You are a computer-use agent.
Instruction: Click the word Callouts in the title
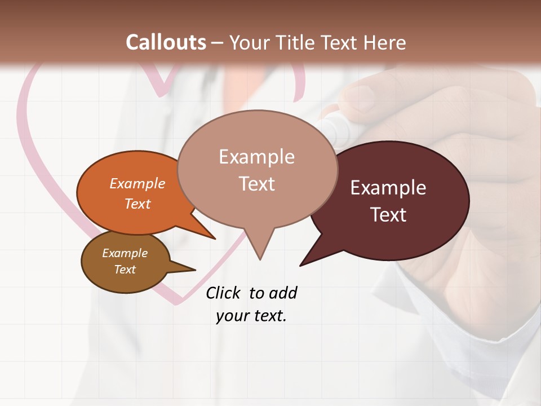166,42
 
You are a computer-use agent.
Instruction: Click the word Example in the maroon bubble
388,188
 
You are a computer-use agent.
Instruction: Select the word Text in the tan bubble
257,184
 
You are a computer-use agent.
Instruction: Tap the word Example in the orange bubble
138,183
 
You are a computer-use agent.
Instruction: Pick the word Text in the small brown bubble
125,270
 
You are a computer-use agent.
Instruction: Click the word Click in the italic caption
224,293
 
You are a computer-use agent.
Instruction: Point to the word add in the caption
282,293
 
